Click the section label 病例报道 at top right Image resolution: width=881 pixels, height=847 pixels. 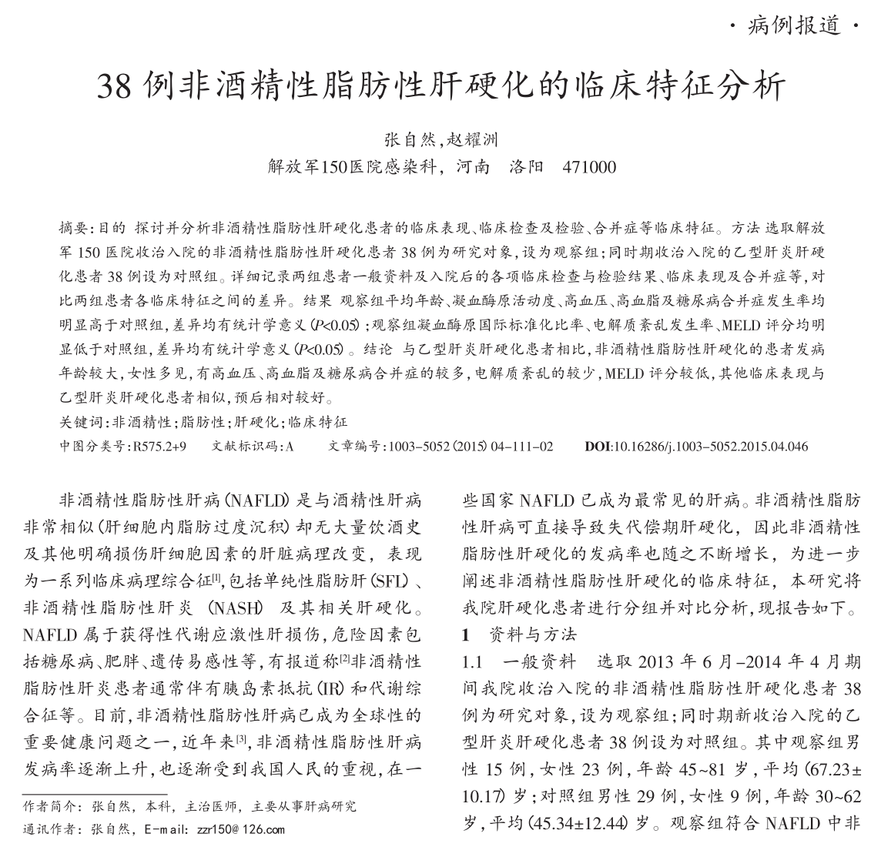click(794, 27)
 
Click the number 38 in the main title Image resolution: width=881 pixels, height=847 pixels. click(117, 86)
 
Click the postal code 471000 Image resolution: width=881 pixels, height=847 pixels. click(590, 166)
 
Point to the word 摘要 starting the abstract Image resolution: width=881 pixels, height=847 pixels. click(74, 229)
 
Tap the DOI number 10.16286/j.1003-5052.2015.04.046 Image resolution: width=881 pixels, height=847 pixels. click(709, 446)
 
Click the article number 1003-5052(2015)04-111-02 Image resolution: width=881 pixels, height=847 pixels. click(471, 446)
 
